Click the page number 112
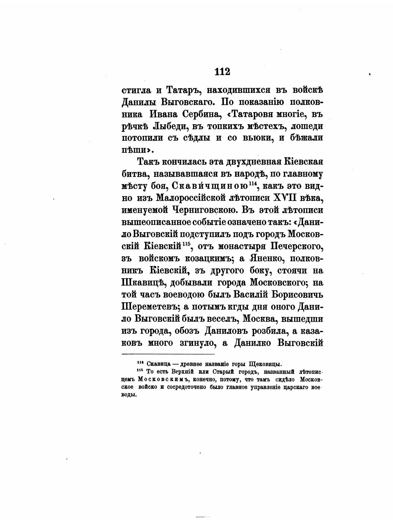222,72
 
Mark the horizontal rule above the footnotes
168,354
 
